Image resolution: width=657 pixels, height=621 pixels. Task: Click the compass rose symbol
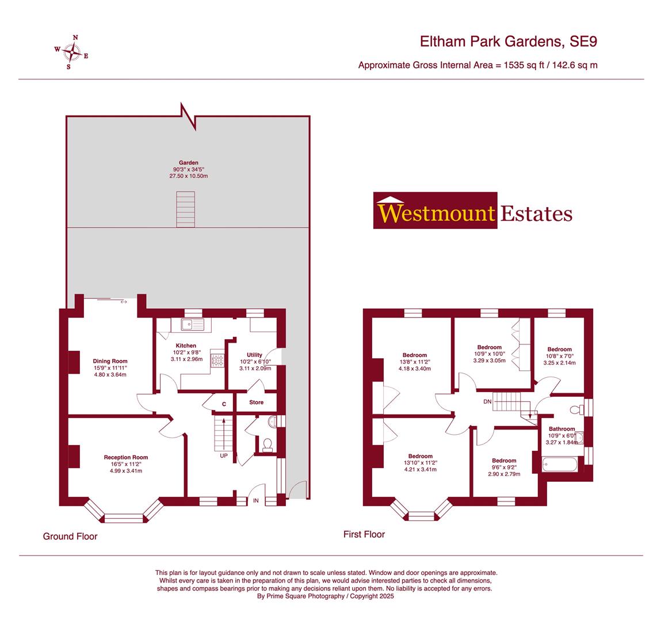(72, 52)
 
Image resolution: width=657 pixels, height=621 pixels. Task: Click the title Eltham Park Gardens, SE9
(509, 41)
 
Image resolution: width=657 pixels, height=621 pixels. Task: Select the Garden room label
(188, 163)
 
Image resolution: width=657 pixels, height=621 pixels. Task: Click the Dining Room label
(110, 361)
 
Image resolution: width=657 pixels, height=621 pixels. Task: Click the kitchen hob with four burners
(218, 361)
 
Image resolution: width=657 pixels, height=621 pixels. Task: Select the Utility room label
(254, 355)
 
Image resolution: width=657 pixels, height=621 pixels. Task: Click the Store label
(256, 402)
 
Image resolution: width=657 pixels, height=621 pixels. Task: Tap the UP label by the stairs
(223, 455)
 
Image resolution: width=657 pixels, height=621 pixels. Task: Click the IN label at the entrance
(255, 501)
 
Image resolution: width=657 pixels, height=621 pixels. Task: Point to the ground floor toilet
(268, 444)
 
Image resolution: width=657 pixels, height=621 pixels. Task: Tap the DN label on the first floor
(487, 401)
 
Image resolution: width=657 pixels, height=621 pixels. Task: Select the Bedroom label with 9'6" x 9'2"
(503, 461)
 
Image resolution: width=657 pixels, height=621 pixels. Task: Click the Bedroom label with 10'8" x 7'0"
(559, 349)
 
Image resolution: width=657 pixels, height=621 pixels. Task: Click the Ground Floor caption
(70, 536)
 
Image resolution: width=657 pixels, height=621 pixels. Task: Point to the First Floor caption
(364, 534)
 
